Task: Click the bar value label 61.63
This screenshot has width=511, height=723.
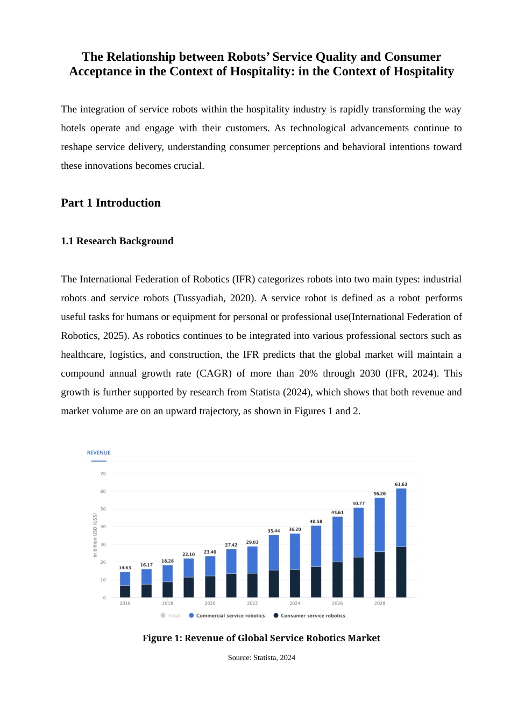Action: tap(401, 484)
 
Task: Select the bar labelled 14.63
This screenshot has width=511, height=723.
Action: tap(125, 584)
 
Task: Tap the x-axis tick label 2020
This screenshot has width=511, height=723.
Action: tap(210, 603)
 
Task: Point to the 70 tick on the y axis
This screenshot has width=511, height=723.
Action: tap(103, 474)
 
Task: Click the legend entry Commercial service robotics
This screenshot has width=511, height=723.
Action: tap(230, 615)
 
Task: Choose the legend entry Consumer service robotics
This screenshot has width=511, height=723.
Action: tap(313, 615)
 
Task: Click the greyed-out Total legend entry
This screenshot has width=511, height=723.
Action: tap(173, 615)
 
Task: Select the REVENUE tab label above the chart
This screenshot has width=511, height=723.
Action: tap(98, 452)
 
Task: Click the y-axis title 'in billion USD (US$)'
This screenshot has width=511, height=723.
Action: tap(95, 535)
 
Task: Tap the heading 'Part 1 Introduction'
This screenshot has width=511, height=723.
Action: tap(111, 203)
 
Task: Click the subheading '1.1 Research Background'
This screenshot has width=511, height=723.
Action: tap(117, 241)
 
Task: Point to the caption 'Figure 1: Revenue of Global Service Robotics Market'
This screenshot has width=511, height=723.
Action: tap(261, 638)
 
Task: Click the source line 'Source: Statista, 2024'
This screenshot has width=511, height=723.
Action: tap(261, 657)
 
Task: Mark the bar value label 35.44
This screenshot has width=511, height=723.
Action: tap(274, 530)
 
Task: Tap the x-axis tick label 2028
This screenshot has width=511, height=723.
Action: tap(380, 603)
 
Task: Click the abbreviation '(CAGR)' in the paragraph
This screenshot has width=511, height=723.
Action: tap(214, 373)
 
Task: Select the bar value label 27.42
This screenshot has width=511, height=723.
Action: tap(231, 545)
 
